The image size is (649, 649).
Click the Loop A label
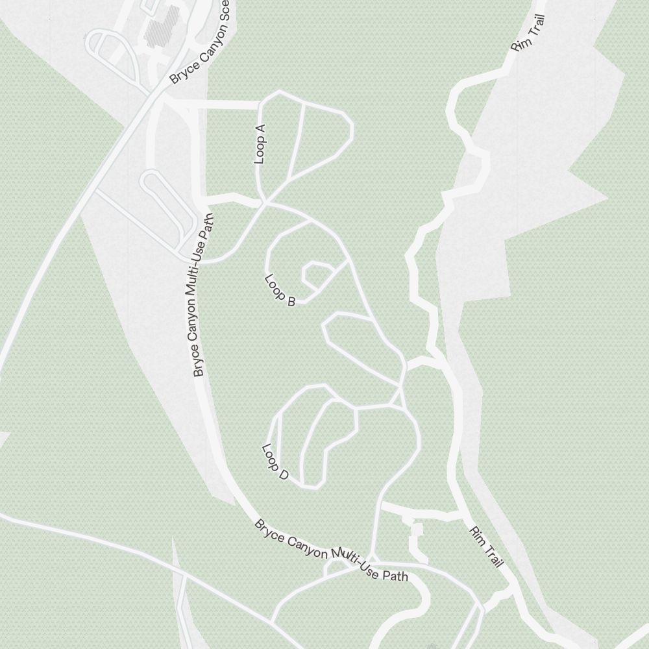(x=260, y=143)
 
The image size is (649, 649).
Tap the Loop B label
(x=280, y=289)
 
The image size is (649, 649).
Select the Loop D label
(x=275, y=461)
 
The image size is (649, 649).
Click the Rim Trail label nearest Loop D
(x=486, y=546)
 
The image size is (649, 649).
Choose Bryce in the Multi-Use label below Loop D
(x=269, y=527)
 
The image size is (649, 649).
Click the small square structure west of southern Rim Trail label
(x=417, y=530)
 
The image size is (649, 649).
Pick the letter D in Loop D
(x=283, y=475)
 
